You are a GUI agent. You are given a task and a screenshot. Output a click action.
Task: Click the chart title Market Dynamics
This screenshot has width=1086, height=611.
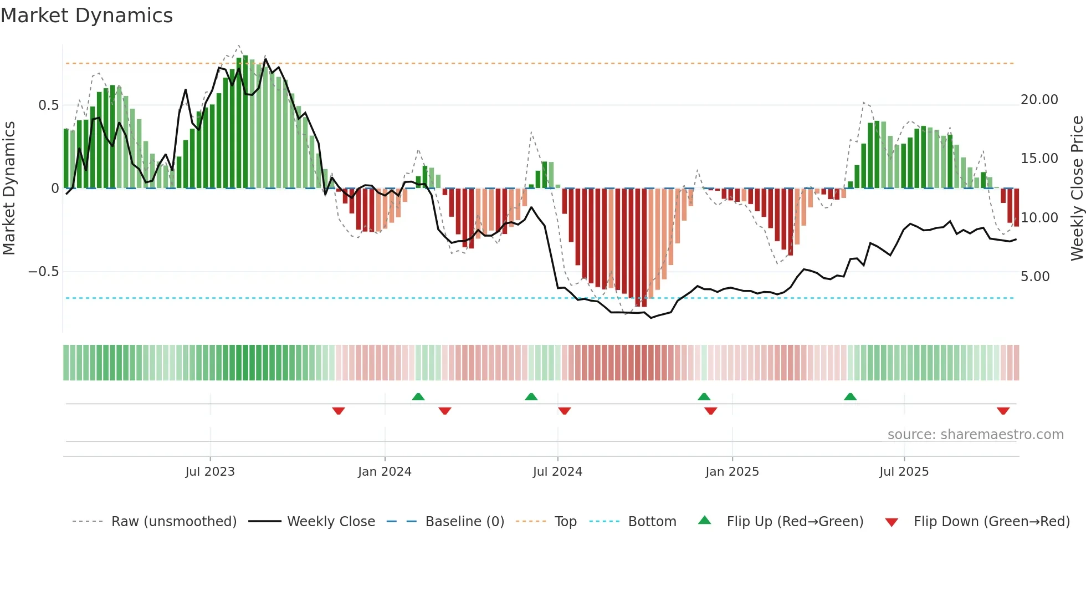(x=87, y=16)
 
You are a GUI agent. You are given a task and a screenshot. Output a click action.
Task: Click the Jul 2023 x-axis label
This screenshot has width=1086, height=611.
(x=210, y=472)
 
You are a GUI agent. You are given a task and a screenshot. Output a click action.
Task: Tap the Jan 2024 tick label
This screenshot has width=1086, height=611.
(x=385, y=472)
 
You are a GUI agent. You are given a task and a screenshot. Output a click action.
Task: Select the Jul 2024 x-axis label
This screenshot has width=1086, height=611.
(x=557, y=472)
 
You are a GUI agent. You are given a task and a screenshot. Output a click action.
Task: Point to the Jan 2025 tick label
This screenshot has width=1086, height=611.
(x=732, y=472)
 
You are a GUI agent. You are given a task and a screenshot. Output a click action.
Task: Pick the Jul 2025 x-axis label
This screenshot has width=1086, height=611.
(x=904, y=472)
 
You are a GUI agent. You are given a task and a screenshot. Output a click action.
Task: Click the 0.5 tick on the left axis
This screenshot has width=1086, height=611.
(x=48, y=105)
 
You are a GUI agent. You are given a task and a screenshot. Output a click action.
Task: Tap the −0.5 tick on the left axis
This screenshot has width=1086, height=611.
(x=43, y=272)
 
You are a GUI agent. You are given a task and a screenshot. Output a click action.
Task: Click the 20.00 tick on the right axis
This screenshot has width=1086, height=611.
(x=1039, y=100)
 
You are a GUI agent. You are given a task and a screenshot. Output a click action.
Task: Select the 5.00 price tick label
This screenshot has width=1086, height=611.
(x=1035, y=277)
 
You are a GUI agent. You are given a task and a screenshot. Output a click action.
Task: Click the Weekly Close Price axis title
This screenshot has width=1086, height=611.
(x=1077, y=189)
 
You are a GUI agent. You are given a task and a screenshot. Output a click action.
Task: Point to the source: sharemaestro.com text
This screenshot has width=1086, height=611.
(x=975, y=435)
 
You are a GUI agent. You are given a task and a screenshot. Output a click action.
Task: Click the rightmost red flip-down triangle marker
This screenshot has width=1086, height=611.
(x=1003, y=411)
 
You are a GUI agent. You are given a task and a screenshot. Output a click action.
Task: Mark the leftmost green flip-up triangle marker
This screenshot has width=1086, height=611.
(x=418, y=396)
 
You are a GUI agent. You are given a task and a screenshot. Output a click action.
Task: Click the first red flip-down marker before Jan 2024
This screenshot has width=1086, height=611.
(x=339, y=411)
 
